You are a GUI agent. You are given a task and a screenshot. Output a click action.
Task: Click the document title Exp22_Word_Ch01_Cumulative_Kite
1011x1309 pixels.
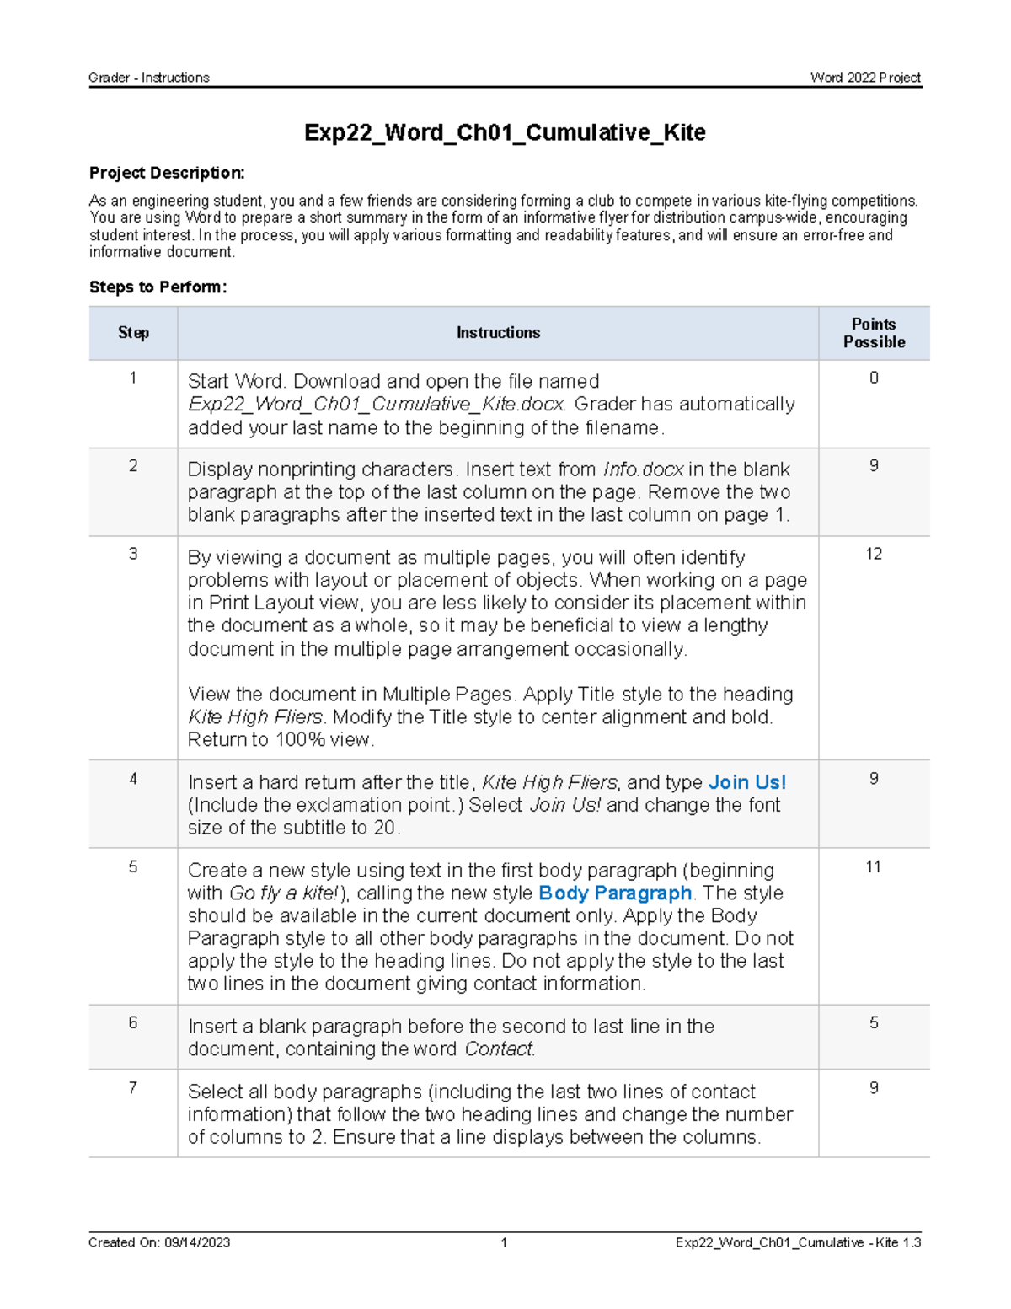click(505, 132)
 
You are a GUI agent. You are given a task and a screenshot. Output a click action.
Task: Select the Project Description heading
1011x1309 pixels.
click(167, 173)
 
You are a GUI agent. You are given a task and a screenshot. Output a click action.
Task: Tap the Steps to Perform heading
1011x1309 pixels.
click(158, 287)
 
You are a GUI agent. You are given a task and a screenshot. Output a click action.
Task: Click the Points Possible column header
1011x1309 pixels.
click(874, 333)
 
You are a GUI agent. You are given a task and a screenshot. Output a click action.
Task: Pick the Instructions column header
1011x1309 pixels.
click(498, 333)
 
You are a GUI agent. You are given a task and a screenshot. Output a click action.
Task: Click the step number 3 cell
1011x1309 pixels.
click(133, 554)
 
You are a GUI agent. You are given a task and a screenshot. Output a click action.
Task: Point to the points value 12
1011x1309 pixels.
click(874, 554)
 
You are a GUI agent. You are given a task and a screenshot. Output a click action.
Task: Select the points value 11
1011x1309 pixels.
click(874, 866)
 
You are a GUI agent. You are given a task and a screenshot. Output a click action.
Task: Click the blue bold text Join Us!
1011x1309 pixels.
click(747, 782)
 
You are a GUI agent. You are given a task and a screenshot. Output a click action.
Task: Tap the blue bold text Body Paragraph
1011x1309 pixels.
click(615, 893)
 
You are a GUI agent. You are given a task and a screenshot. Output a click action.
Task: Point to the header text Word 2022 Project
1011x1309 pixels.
click(865, 78)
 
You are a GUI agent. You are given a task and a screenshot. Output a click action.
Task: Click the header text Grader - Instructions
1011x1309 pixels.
click(149, 78)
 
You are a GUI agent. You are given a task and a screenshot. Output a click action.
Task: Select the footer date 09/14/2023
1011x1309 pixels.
click(197, 1242)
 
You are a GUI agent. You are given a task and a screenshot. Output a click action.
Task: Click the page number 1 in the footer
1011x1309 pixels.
click(504, 1242)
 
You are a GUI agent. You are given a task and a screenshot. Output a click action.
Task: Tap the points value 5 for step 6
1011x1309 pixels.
click(874, 1022)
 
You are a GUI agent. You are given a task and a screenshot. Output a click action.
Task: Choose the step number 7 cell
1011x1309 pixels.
click(133, 1088)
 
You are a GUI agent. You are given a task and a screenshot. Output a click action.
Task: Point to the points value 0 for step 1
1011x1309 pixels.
click(874, 378)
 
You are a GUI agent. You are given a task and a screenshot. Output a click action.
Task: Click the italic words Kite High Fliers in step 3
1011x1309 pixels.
click(255, 717)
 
